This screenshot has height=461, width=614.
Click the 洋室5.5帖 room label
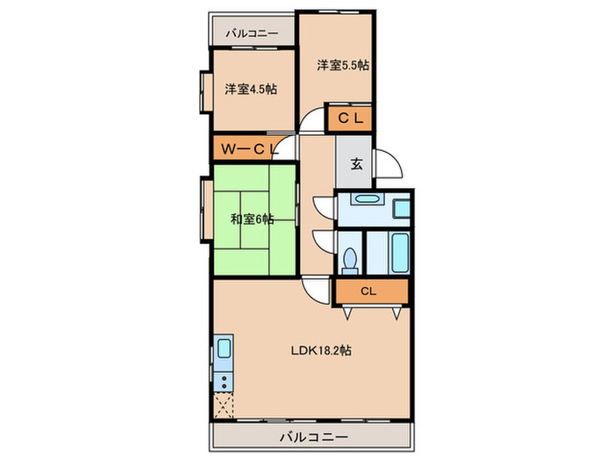[343, 65]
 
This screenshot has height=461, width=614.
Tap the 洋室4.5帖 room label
[251, 89]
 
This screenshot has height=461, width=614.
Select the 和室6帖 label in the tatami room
[253, 219]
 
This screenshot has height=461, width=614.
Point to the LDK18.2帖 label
[321, 350]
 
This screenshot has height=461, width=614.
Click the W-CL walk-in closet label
[249, 149]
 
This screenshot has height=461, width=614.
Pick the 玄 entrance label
[356, 164]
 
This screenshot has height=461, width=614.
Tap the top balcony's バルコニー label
[252, 33]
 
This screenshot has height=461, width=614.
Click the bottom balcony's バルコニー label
[314, 436]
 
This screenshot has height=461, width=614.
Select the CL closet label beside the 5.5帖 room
[351, 118]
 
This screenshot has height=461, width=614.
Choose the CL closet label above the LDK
[368, 292]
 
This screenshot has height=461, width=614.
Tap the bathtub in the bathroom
[400, 253]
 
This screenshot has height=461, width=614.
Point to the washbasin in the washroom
[365, 198]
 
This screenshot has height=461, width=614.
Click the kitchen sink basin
[224, 349]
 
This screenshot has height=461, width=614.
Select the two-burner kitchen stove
[224, 382]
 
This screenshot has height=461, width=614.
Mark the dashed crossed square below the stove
[224, 406]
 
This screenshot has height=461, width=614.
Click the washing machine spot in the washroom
[401, 208]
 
